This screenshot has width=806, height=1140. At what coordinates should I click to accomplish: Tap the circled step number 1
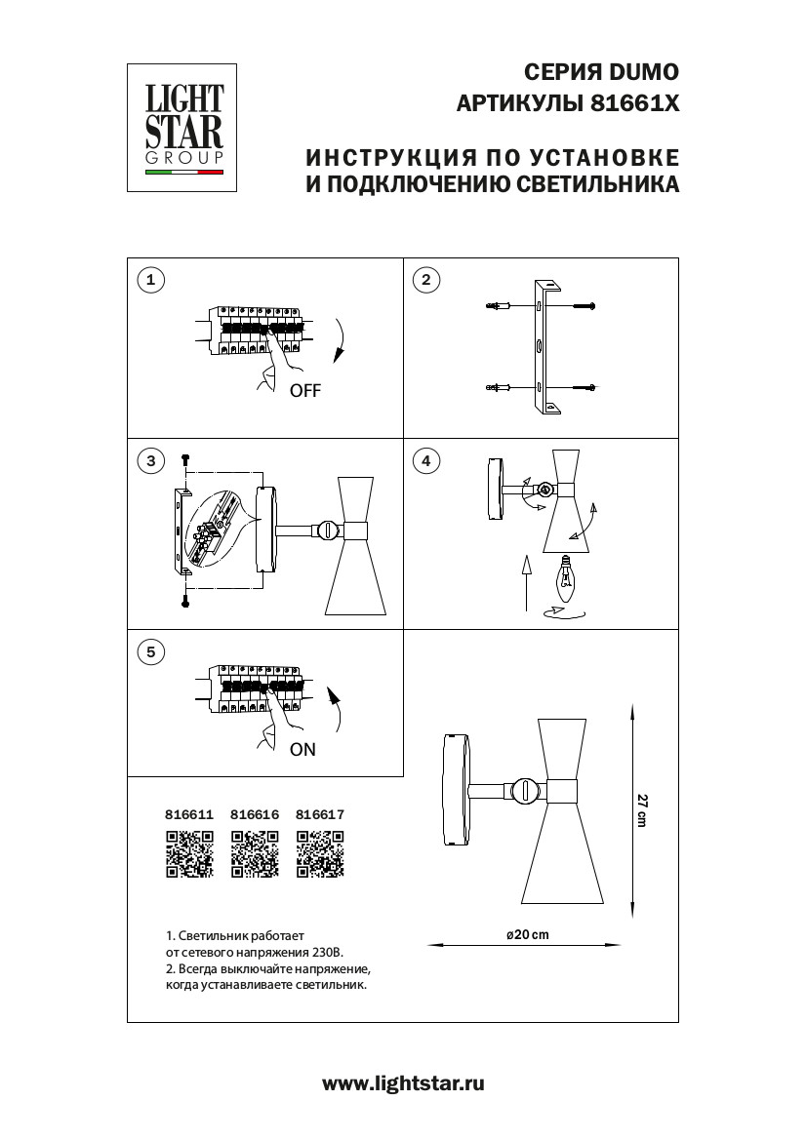149,281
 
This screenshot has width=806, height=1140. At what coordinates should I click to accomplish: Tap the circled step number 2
425,281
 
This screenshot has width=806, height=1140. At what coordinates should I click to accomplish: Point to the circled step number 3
149,461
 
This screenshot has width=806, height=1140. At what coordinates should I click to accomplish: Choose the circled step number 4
425,461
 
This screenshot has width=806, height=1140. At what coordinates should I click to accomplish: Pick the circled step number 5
149,652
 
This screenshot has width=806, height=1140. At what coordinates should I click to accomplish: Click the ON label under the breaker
302,750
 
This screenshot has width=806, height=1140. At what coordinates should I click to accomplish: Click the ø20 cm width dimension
528,934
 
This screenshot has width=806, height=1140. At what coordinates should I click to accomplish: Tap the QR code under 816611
189,855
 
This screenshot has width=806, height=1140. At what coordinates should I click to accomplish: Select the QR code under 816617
320,855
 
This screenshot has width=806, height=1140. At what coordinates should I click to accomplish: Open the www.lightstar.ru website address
403,1082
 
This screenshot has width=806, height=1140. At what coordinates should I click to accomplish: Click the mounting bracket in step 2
544,347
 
